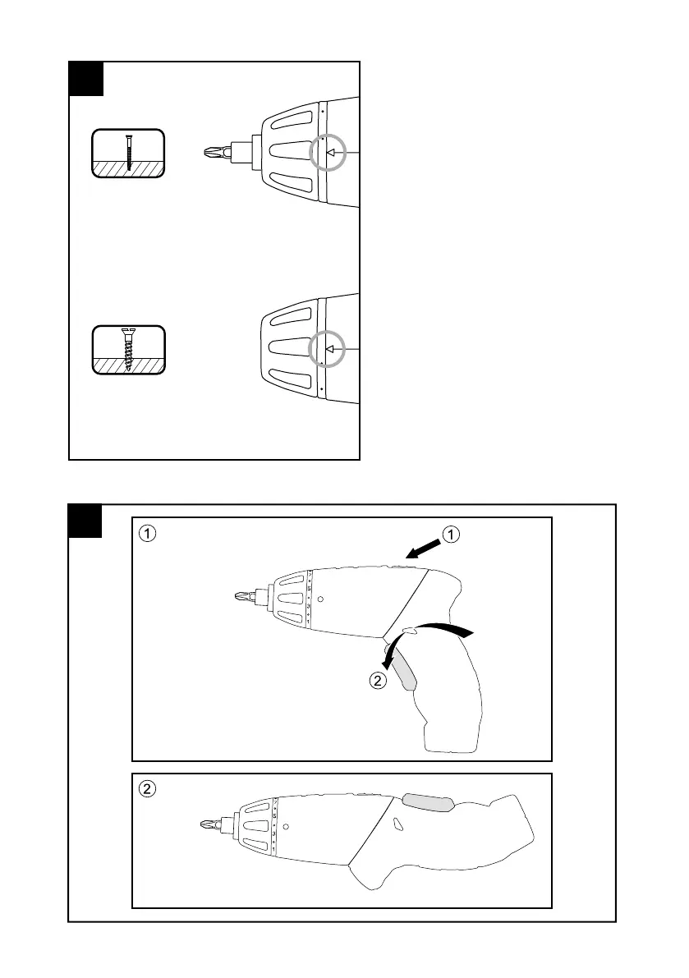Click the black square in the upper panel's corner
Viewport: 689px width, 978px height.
86,78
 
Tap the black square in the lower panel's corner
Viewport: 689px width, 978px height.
85,521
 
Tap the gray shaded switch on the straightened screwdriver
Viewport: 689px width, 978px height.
428,802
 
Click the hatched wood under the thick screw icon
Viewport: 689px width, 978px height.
128,364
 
